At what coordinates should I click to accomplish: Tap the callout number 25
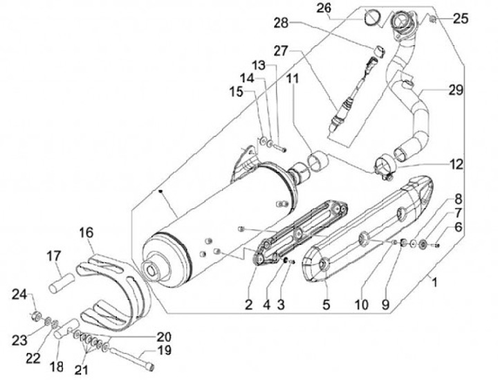tap(461, 19)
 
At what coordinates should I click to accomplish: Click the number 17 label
tap(55, 256)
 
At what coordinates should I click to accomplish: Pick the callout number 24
tap(19, 296)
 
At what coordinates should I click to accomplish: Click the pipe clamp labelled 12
tap(384, 166)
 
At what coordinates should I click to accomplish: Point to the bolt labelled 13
tap(279, 146)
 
